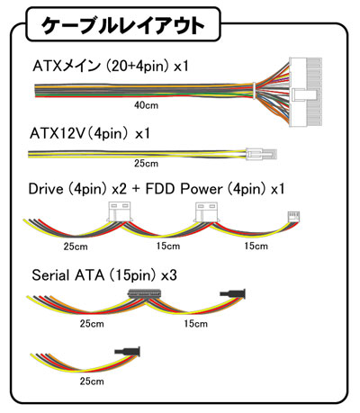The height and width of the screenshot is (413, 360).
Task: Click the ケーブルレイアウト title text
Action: coord(123,25)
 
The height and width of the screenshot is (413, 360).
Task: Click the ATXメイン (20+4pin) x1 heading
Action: coord(111,66)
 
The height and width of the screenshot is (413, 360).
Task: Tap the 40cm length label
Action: coord(146,105)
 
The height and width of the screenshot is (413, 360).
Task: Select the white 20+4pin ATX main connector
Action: coord(305,92)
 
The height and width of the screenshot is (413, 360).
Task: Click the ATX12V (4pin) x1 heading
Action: coord(90,133)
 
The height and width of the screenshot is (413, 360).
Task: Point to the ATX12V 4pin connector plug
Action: coord(261,155)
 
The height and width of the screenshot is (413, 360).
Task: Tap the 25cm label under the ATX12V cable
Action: coord(146,164)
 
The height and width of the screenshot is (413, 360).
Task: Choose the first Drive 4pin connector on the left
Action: coord(119,211)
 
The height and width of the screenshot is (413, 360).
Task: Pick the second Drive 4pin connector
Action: coord(207,212)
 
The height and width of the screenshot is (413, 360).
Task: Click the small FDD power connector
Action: coord(294,217)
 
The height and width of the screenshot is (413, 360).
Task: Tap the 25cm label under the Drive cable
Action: coord(76,247)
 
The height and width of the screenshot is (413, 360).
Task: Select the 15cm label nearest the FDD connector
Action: coord(256,246)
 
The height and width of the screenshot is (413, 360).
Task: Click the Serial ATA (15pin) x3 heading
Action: coord(104,275)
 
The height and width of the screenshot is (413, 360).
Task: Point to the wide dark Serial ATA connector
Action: coord(145,293)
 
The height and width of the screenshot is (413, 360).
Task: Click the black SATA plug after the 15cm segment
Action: coord(233,293)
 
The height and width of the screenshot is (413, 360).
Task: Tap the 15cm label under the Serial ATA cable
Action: coord(196,324)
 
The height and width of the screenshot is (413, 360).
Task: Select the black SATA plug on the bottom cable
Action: coord(128,351)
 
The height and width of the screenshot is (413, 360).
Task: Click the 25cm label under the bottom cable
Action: coord(92,382)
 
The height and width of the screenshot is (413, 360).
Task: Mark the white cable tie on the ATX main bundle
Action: coord(254,90)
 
